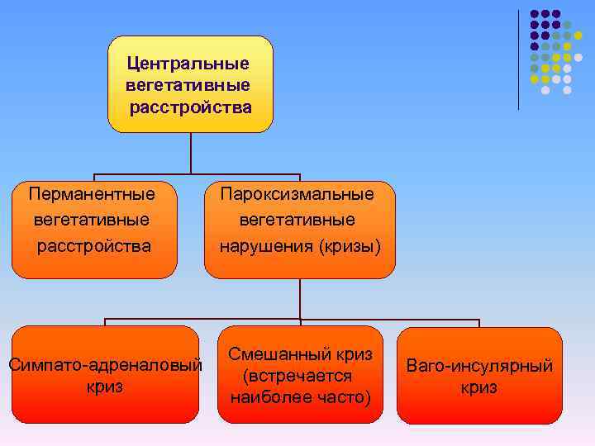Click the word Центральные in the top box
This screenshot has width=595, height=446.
(188, 63)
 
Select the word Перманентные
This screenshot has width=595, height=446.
(92, 194)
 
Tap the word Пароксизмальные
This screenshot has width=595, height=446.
(297, 194)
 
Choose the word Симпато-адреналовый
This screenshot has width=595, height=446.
(104, 364)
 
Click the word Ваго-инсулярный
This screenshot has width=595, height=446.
(479, 367)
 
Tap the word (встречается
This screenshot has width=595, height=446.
(298, 376)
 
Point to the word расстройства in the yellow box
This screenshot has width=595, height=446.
(190, 107)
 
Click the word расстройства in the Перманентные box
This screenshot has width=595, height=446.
(93, 246)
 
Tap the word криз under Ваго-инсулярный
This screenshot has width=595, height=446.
(479, 387)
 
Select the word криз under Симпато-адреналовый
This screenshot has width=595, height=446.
(104, 386)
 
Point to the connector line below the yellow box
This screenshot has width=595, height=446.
(191, 153)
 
